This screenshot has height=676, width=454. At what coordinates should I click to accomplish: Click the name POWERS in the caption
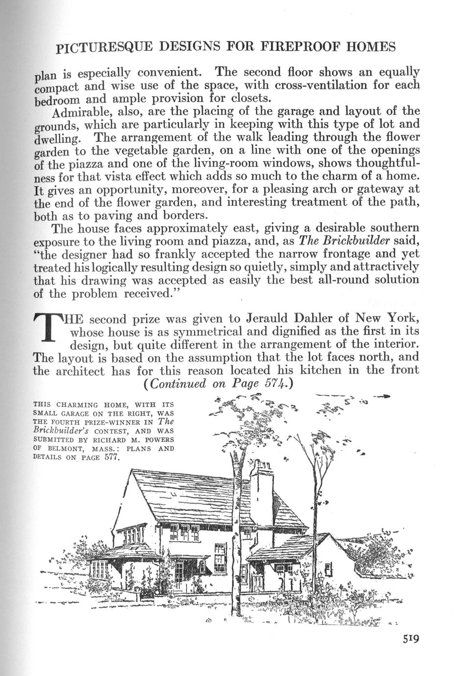pos(157,440)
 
